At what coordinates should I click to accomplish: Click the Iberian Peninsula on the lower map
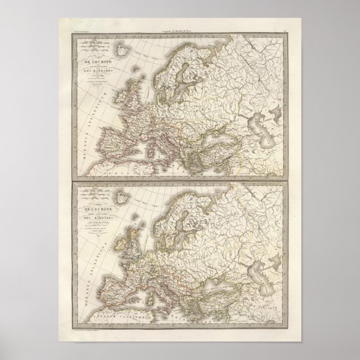[119, 287]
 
